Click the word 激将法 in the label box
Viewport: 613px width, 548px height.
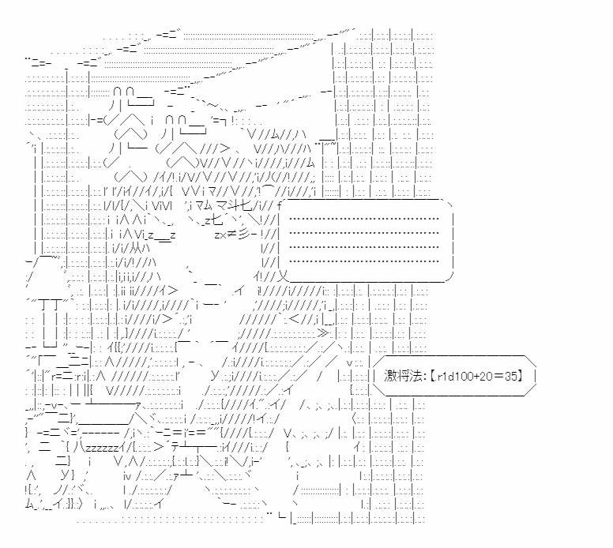(400, 377)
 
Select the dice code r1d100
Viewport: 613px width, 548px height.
(451, 377)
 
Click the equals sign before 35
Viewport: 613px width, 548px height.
(498, 377)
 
